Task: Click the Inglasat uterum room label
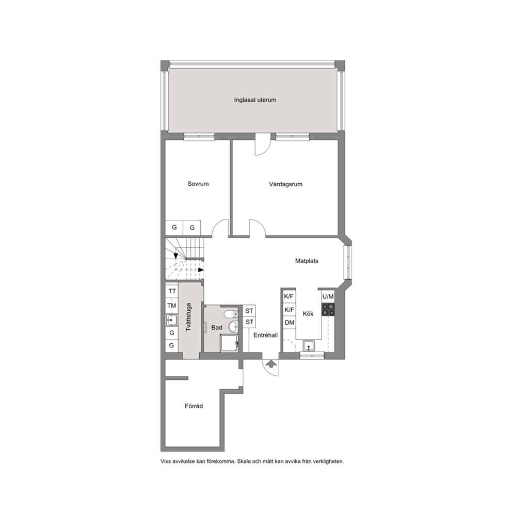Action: point(255,100)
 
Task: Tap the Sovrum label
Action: point(198,184)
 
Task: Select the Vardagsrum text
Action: point(286,184)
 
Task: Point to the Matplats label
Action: point(307,261)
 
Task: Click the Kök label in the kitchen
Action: point(308,313)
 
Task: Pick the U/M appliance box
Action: point(328,296)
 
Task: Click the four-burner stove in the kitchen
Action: point(328,309)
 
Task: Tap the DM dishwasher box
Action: point(290,323)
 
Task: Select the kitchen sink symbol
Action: point(309,345)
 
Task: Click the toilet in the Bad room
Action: point(231,314)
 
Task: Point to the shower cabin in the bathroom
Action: point(229,343)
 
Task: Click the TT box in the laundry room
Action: point(172,291)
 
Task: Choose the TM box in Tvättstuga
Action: point(172,306)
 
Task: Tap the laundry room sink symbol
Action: point(172,320)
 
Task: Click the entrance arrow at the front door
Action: point(270,363)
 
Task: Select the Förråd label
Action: point(194,406)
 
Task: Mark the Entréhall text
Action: point(265,335)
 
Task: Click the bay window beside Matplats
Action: point(347,262)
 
